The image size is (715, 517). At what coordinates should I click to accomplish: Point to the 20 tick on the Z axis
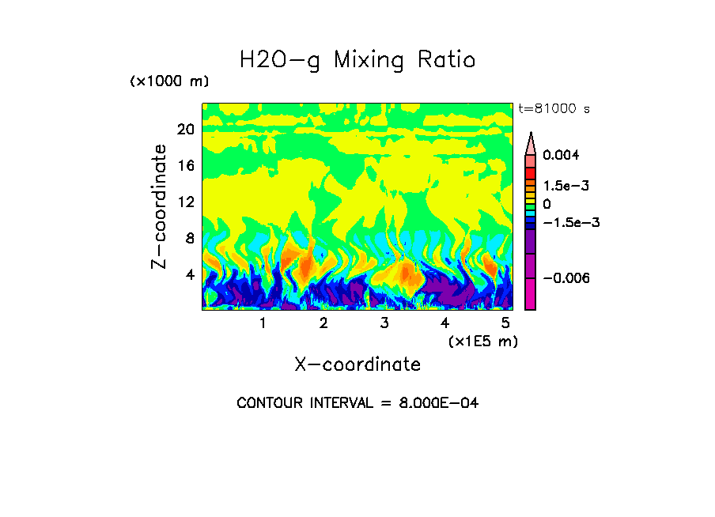point(185,130)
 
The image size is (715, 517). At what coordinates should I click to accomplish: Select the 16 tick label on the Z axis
point(185,166)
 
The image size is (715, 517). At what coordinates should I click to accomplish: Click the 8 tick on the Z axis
point(189,238)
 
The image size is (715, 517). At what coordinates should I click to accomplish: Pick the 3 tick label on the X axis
point(384,323)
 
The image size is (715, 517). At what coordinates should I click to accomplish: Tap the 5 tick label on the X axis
point(505,323)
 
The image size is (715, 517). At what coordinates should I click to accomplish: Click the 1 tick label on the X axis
point(263,323)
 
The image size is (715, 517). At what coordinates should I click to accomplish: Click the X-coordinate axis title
point(357,364)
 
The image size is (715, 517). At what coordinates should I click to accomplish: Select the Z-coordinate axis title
point(160,206)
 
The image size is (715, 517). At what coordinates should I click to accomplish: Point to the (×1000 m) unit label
point(169,82)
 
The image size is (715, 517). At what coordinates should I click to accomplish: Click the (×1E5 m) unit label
point(482,341)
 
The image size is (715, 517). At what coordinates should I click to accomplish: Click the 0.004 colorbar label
point(561,155)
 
